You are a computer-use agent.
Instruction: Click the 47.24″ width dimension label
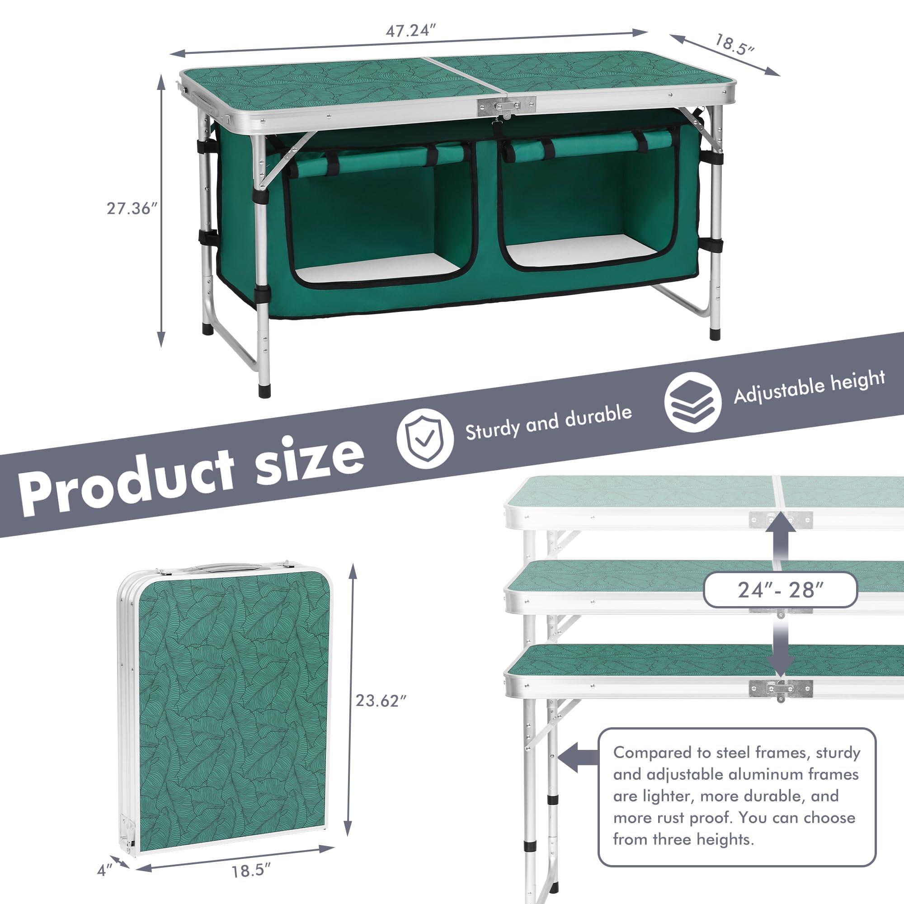(410, 31)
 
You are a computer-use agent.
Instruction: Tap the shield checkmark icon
(425, 438)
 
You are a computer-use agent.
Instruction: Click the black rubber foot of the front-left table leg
(264, 391)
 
